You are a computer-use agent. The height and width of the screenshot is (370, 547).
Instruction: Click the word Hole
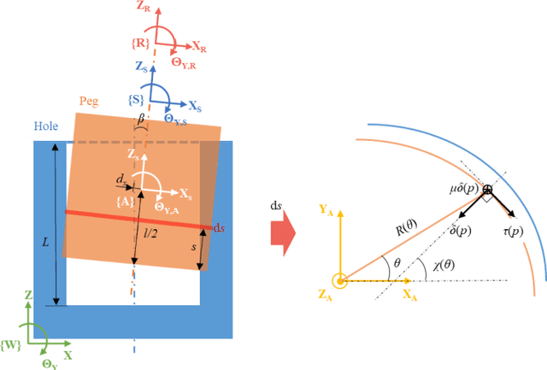coord(47,126)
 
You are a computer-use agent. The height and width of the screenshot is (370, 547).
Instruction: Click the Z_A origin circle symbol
coord(339,279)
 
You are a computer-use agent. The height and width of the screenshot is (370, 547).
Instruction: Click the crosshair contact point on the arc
coord(487,189)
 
